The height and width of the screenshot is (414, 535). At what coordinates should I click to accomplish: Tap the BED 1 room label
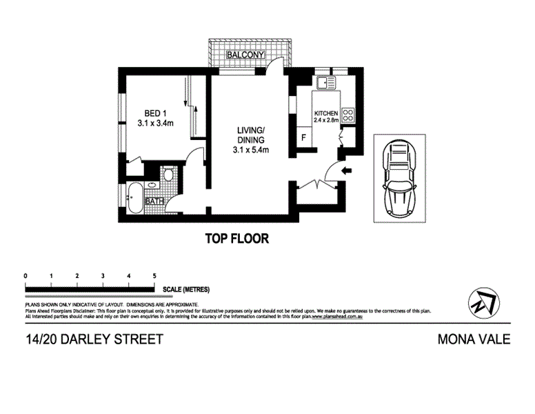pyautogui.click(x=155, y=114)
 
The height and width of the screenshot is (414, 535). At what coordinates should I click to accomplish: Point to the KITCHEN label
pyautogui.click(x=325, y=113)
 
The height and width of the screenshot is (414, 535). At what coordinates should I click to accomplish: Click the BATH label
pyautogui.click(x=154, y=201)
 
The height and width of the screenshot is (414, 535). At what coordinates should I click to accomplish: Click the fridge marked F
pyautogui.click(x=302, y=137)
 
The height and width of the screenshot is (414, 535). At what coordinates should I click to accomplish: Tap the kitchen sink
pyautogui.click(x=325, y=84)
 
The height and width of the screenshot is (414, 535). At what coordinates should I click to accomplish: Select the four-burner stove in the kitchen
pyautogui.click(x=348, y=115)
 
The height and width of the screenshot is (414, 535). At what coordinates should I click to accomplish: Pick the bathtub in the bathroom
pyautogui.click(x=134, y=199)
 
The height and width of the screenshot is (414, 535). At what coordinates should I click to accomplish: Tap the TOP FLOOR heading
pyautogui.click(x=236, y=239)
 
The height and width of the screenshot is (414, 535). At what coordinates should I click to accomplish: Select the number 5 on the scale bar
pyautogui.click(x=154, y=275)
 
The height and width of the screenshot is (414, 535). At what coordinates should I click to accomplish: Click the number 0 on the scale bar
pyautogui.click(x=26, y=275)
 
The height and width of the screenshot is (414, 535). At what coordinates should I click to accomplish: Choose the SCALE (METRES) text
pyautogui.click(x=186, y=290)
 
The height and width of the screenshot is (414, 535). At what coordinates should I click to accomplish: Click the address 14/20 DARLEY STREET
pyautogui.click(x=93, y=339)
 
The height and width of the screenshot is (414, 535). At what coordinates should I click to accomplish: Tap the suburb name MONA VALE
pyautogui.click(x=474, y=339)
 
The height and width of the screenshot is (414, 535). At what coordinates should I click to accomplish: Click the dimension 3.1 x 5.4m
pyautogui.click(x=250, y=149)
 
